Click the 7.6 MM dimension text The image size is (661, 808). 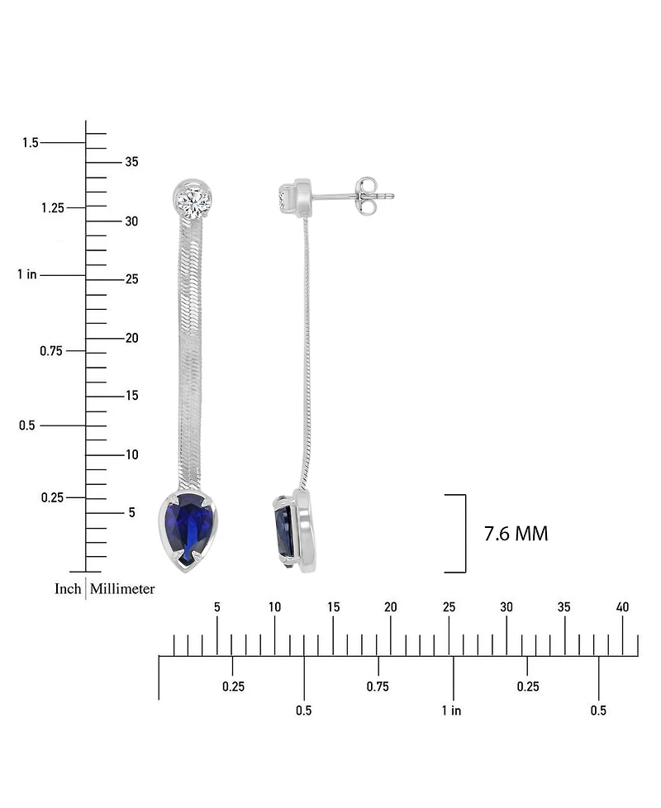pyautogui.click(x=516, y=534)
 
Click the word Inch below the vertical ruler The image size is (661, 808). pyautogui.click(x=68, y=589)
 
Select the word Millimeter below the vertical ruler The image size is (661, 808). pyautogui.click(x=122, y=589)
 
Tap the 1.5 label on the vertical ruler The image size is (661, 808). pyautogui.click(x=30, y=143)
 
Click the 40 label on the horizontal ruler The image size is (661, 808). pyautogui.click(x=622, y=607)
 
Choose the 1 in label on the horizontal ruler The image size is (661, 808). pyautogui.click(x=451, y=711)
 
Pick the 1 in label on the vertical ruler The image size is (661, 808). pyautogui.click(x=26, y=274)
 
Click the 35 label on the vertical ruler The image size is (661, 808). pyautogui.click(x=131, y=162)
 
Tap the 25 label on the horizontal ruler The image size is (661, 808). pyautogui.click(x=449, y=607)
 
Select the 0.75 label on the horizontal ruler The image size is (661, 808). pyautogui.click(x=378, y=687)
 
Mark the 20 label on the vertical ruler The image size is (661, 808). pyautogui.click(x=131, y=338)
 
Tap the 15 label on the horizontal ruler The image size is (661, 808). pyautogui.click(x=333, y=607)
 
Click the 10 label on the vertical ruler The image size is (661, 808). pyautogui.click(x=131, y=454)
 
